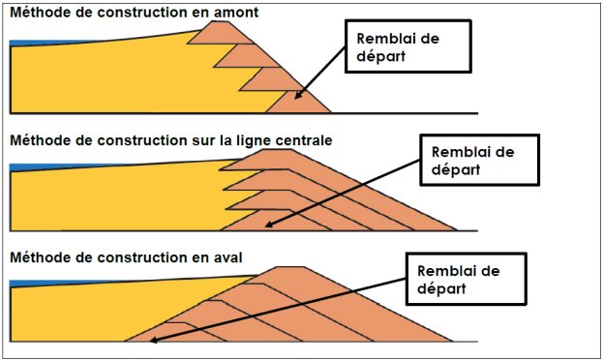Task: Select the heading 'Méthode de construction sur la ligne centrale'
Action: pos(171,139)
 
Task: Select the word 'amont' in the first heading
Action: pos(236,12)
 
